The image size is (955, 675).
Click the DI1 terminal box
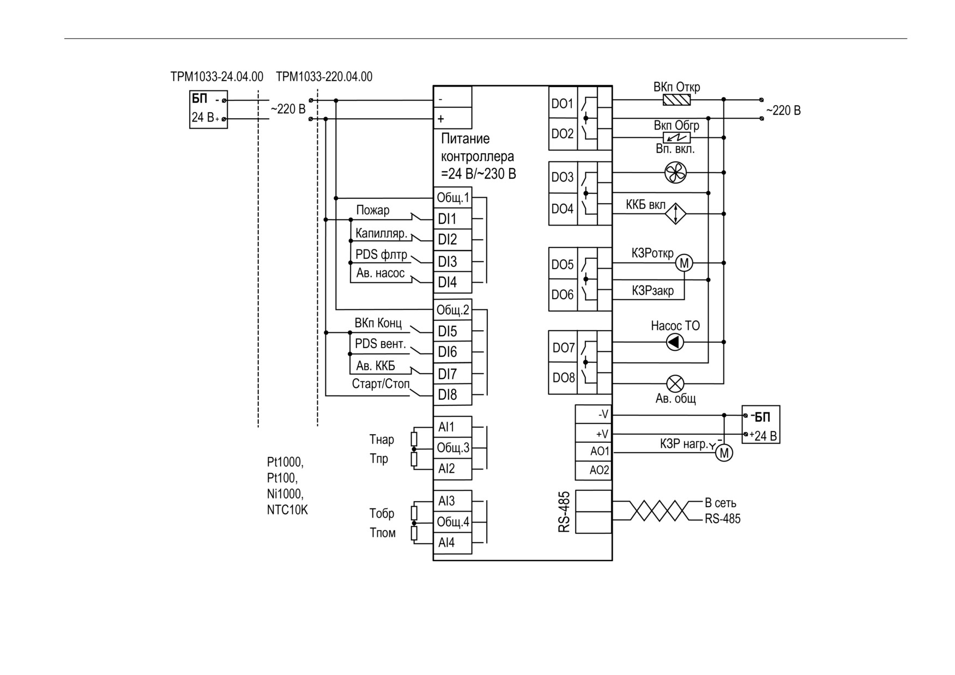(452, 218)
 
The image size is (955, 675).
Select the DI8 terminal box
(452, 394)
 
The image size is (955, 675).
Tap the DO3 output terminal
(563, 177)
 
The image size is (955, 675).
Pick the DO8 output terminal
(563, 378)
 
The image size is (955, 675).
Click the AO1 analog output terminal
(594, 452)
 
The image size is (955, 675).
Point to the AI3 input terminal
(452, 501)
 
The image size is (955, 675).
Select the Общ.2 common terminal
(452, 310)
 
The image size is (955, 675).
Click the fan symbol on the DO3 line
(676, 173)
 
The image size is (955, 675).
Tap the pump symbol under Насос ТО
(675, 342)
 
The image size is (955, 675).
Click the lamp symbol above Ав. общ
(675, 384)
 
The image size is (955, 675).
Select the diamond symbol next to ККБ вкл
(676, 214)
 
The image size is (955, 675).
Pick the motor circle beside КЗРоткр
(684, 263)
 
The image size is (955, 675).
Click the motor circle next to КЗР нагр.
(724, 453)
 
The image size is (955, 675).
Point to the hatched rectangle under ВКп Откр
(676, 100)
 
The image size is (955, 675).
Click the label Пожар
(373, 210)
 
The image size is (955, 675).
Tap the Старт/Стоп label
(380, 384)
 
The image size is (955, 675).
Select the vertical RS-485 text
(564, 512)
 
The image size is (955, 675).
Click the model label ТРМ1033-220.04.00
(324, 76)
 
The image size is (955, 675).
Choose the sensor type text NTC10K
(287, 510)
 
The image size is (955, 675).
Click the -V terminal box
(594, 415)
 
